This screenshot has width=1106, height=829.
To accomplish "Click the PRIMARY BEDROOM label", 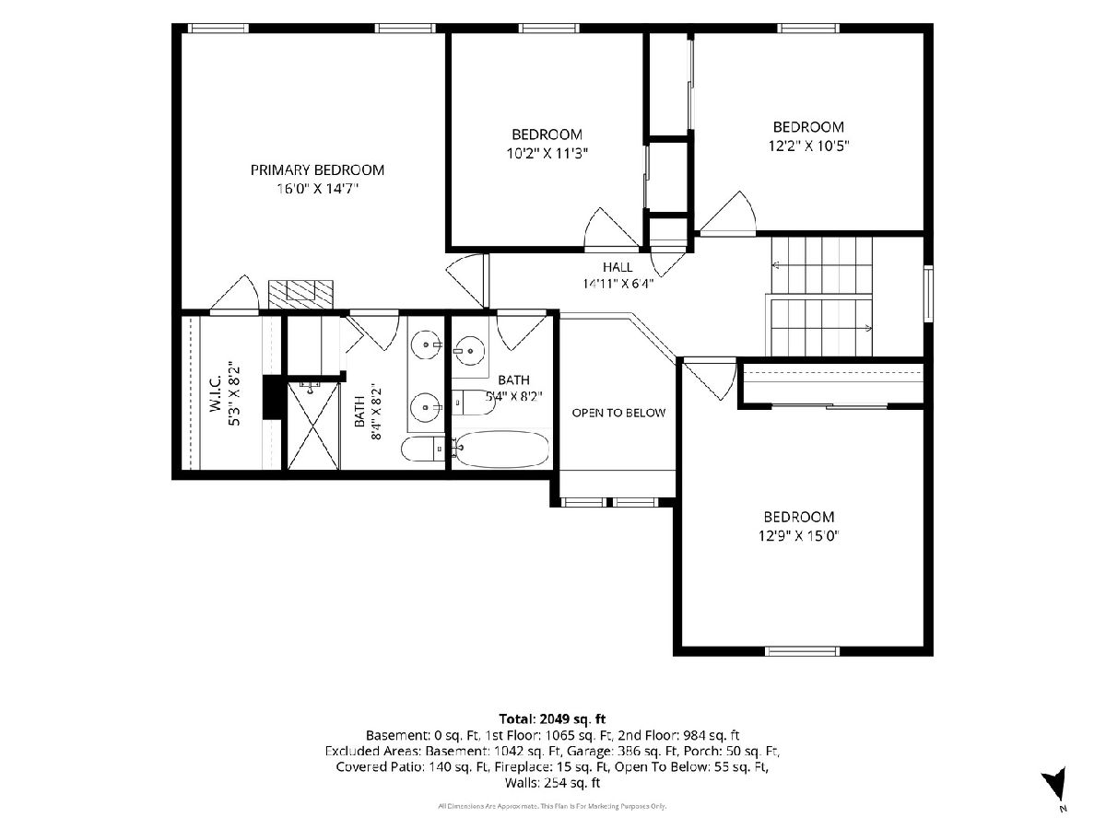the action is click(317, 170).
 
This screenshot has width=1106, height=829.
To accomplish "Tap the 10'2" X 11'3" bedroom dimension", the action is click(547, 153).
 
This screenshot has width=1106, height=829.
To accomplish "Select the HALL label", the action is click(618, 267).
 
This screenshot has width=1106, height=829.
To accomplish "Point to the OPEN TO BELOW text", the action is click(618, 413).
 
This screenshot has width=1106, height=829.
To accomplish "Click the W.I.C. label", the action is click(216, 393).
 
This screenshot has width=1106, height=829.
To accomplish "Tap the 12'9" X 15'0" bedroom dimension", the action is click(799, 535).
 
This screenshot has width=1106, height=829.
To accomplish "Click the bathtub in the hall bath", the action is click(501, 449).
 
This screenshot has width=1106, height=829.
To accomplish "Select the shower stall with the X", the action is click(313, 426).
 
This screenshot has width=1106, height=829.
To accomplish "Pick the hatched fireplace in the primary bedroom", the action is click(300, 294).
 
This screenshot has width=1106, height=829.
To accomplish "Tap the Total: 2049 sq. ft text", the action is click(552, 718).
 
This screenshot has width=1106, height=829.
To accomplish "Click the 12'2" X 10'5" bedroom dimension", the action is click(808, 146).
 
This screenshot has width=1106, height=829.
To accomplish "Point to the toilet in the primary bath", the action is click(422, 449).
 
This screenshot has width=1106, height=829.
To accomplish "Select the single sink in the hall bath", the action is click(469, 350).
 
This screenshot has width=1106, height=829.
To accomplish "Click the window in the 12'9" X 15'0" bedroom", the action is click(802, 651).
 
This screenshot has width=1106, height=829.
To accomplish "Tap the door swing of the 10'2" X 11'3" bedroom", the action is click(611, 229).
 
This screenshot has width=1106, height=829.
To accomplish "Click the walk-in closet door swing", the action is click(234, 295).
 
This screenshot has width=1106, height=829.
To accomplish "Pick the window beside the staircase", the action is click(928, 294).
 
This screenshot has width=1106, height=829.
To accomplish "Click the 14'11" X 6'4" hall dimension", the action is click(618, 284).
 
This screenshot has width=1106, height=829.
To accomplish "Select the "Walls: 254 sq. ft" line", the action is click(552, 783).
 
